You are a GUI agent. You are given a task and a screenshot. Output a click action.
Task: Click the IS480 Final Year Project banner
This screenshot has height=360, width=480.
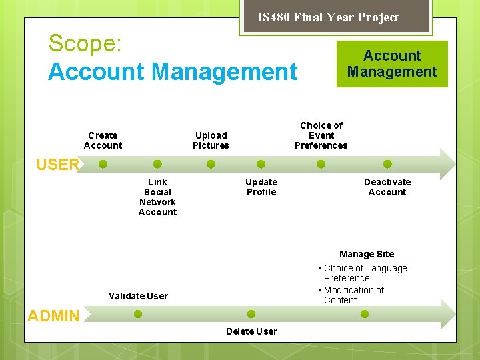click(x=328, y=17)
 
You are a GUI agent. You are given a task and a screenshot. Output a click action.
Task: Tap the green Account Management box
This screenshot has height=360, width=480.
click(x=392, y=64)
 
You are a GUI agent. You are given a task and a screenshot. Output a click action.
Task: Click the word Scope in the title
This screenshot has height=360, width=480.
click(x=85, y=44)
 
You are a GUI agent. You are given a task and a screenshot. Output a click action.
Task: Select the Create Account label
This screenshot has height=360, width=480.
click(x=103, y=141)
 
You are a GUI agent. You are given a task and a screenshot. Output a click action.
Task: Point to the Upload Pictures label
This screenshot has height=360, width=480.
click(x=211, y=141)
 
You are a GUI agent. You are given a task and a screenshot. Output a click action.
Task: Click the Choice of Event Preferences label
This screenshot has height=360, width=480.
click(x=321, y=135)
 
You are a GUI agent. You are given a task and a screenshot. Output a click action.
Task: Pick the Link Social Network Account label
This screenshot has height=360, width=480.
click(x=157, y=197)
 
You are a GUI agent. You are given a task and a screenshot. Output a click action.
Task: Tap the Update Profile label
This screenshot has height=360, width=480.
click(x=261, y=187)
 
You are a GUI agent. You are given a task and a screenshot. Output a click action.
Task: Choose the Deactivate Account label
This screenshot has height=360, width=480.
click(x=387, y=187)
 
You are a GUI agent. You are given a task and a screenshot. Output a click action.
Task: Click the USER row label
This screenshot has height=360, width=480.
click(x=58, y=165)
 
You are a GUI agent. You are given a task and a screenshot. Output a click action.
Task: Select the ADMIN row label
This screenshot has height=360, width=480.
click(x=53, y=316)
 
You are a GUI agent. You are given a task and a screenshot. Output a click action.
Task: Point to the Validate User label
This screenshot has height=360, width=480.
click(x=138, y=296)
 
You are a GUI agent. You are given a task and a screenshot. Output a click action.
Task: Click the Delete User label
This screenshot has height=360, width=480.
click(x=251, y=331)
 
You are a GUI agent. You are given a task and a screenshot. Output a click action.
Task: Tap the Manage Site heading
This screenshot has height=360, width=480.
click(x=367, y=254)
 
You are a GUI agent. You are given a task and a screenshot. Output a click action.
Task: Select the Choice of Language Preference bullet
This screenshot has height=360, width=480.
click(x=365, y=273)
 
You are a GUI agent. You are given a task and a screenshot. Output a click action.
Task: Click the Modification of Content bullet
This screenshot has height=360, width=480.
click(x=353, y=295)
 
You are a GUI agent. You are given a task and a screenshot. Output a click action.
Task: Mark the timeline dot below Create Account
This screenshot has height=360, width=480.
click(x=103, y=164)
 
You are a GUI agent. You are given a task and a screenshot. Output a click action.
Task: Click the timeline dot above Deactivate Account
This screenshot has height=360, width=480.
click(x=387, y=164)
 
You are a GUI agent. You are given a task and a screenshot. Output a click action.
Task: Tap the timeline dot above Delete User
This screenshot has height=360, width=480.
click(x=251, y=314)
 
